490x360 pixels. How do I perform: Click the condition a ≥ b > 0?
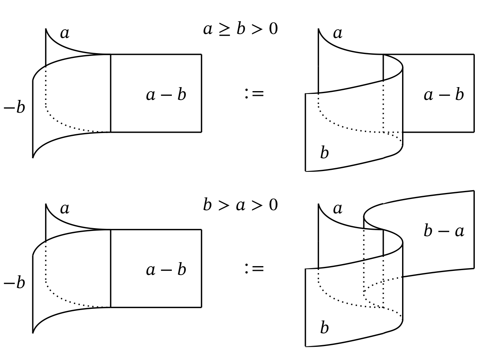240,30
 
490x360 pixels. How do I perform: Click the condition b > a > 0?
240,205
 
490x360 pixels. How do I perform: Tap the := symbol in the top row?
254,94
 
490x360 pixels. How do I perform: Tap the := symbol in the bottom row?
254,269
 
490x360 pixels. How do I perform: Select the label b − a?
444,231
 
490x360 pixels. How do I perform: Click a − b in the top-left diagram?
166,95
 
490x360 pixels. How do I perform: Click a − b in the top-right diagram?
444,95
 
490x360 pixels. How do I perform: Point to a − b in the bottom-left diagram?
166,270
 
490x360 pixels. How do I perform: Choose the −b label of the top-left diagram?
14,108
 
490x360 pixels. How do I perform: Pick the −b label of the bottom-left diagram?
14,283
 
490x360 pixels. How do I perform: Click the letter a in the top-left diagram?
64,34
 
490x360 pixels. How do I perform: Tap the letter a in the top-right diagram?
338,34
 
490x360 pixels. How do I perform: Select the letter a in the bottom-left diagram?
64,209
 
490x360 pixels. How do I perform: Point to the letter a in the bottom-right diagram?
338,209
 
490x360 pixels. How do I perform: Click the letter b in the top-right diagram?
324,153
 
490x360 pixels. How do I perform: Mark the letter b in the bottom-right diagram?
324,328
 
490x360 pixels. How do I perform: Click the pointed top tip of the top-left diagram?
46,29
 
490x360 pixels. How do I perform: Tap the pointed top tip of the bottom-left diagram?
46,204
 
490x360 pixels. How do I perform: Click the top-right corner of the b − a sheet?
474,191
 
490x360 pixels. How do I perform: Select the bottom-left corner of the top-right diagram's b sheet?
306,171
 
